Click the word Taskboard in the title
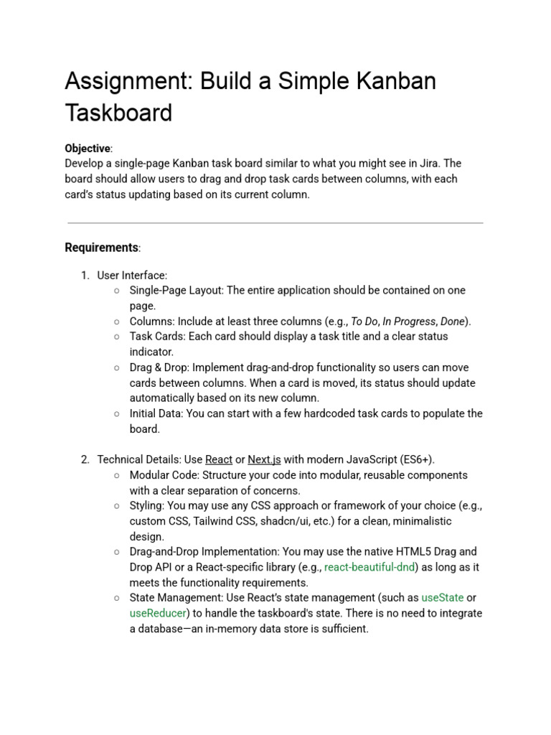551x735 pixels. tap(118, 113)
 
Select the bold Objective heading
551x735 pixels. tap(88, 149)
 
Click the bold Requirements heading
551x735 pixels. tap(101, 248)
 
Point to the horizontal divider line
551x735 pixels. tap(275, 223)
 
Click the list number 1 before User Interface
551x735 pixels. tap(85, 276)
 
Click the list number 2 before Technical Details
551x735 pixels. tap(85, 459)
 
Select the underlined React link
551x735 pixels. tap(219, 459)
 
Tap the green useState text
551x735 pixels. tap(442, 598)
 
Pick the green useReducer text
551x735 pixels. tap(158, 613)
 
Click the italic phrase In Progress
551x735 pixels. tap(408, 322)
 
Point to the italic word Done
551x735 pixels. tap(452, 322)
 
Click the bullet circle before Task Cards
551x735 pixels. tap(116, 337)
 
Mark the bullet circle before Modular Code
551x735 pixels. tap(116, 475)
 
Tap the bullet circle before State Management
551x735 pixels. tap(116, 598)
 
